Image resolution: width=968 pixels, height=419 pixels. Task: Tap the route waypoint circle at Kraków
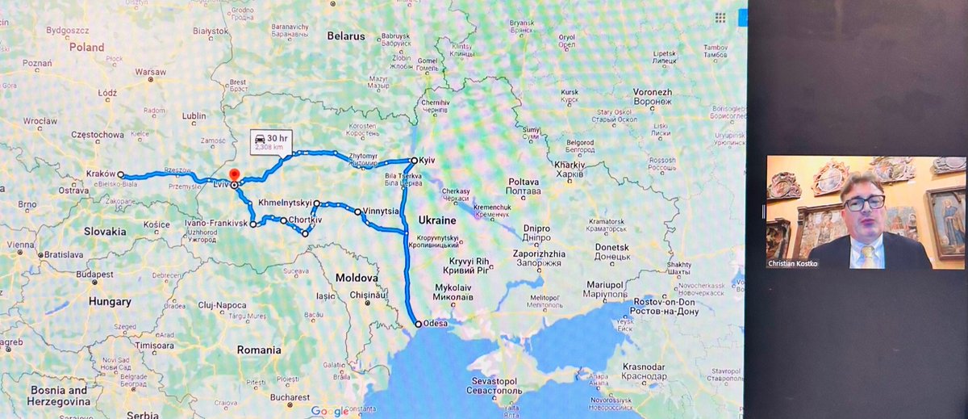[120, 174]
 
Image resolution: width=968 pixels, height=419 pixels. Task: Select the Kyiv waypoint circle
[414, 160]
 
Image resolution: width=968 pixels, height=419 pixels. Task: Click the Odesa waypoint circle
[417, 324]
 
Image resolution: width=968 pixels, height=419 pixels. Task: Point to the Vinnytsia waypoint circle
[357, 212]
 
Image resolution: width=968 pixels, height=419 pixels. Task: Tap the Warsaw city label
[150, 72]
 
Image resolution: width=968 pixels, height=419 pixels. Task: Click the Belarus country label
[346, 36]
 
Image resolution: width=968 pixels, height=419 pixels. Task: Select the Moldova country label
[357, 278]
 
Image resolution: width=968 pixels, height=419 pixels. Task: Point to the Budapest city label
[94, 274]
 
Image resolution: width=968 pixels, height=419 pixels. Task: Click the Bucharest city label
[291, 397]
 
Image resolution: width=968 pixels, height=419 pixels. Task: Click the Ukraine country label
[438, 220]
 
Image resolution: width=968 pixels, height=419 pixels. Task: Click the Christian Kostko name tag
[800, 262]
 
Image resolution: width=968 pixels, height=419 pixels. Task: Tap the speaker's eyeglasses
[865, 202]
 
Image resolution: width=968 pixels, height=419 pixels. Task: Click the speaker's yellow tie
[866, 256]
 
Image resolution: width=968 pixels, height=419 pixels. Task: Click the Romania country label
[259, 350]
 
